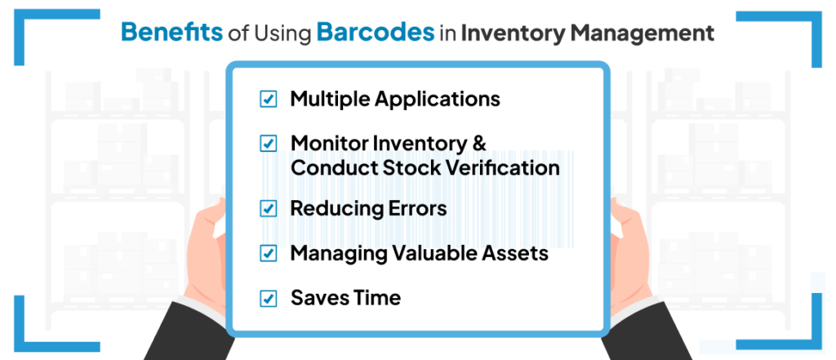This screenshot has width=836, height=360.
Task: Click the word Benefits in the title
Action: pyautogui.click(x=171, y=32)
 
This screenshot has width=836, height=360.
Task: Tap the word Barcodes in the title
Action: pyautogui.click(x=376, y=32)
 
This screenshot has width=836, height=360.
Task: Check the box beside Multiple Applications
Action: pyautogui.click(x=268, y=100)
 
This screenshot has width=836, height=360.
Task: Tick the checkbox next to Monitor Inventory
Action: pyautogui.click(x=268, y=144)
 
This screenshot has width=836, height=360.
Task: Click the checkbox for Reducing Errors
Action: pyautogui.click(x=268, y=208)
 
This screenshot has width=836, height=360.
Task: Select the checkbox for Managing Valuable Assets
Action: pyautogui.click(x=268, y=253)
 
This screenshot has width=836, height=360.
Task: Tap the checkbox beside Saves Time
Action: pyautogui.click(x=268, y=298)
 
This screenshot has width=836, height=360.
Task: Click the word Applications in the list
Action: pyautogui.click(x=438, y=100)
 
